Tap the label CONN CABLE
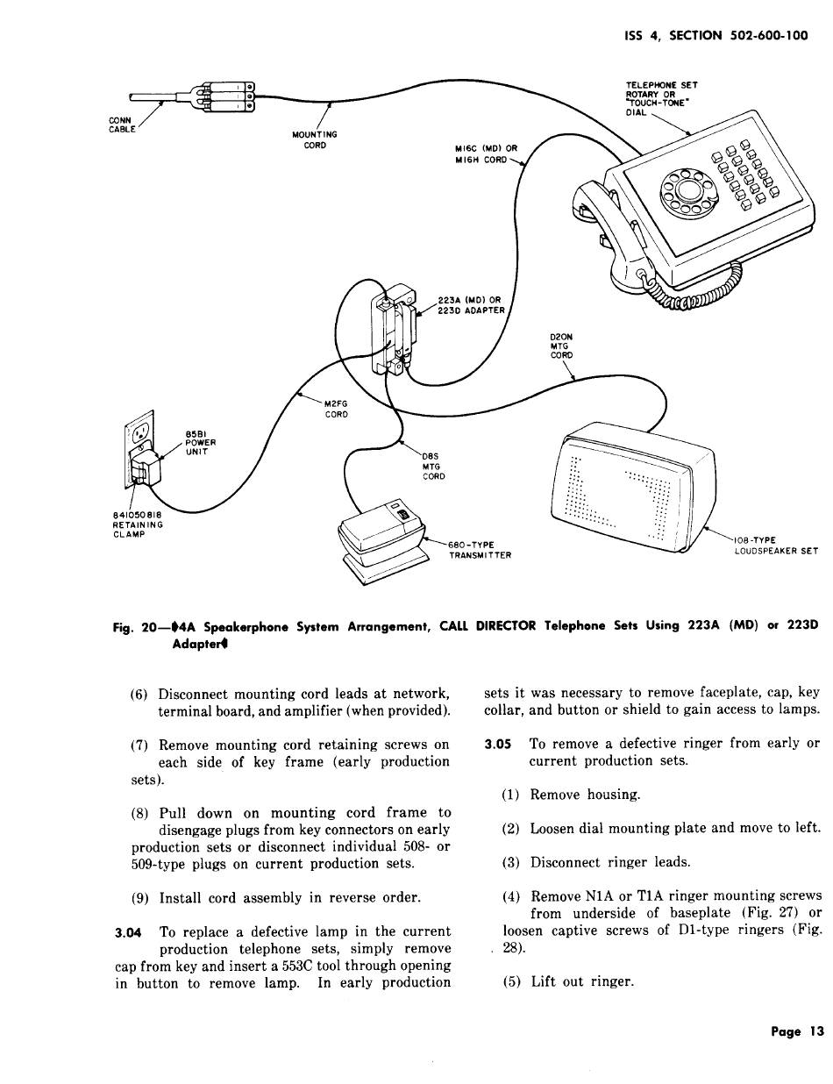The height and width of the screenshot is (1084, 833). click(x=121, y=125)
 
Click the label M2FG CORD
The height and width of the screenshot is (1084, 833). click(x=337, y=409)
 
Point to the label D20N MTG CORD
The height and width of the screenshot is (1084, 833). click(x=561, y=346)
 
